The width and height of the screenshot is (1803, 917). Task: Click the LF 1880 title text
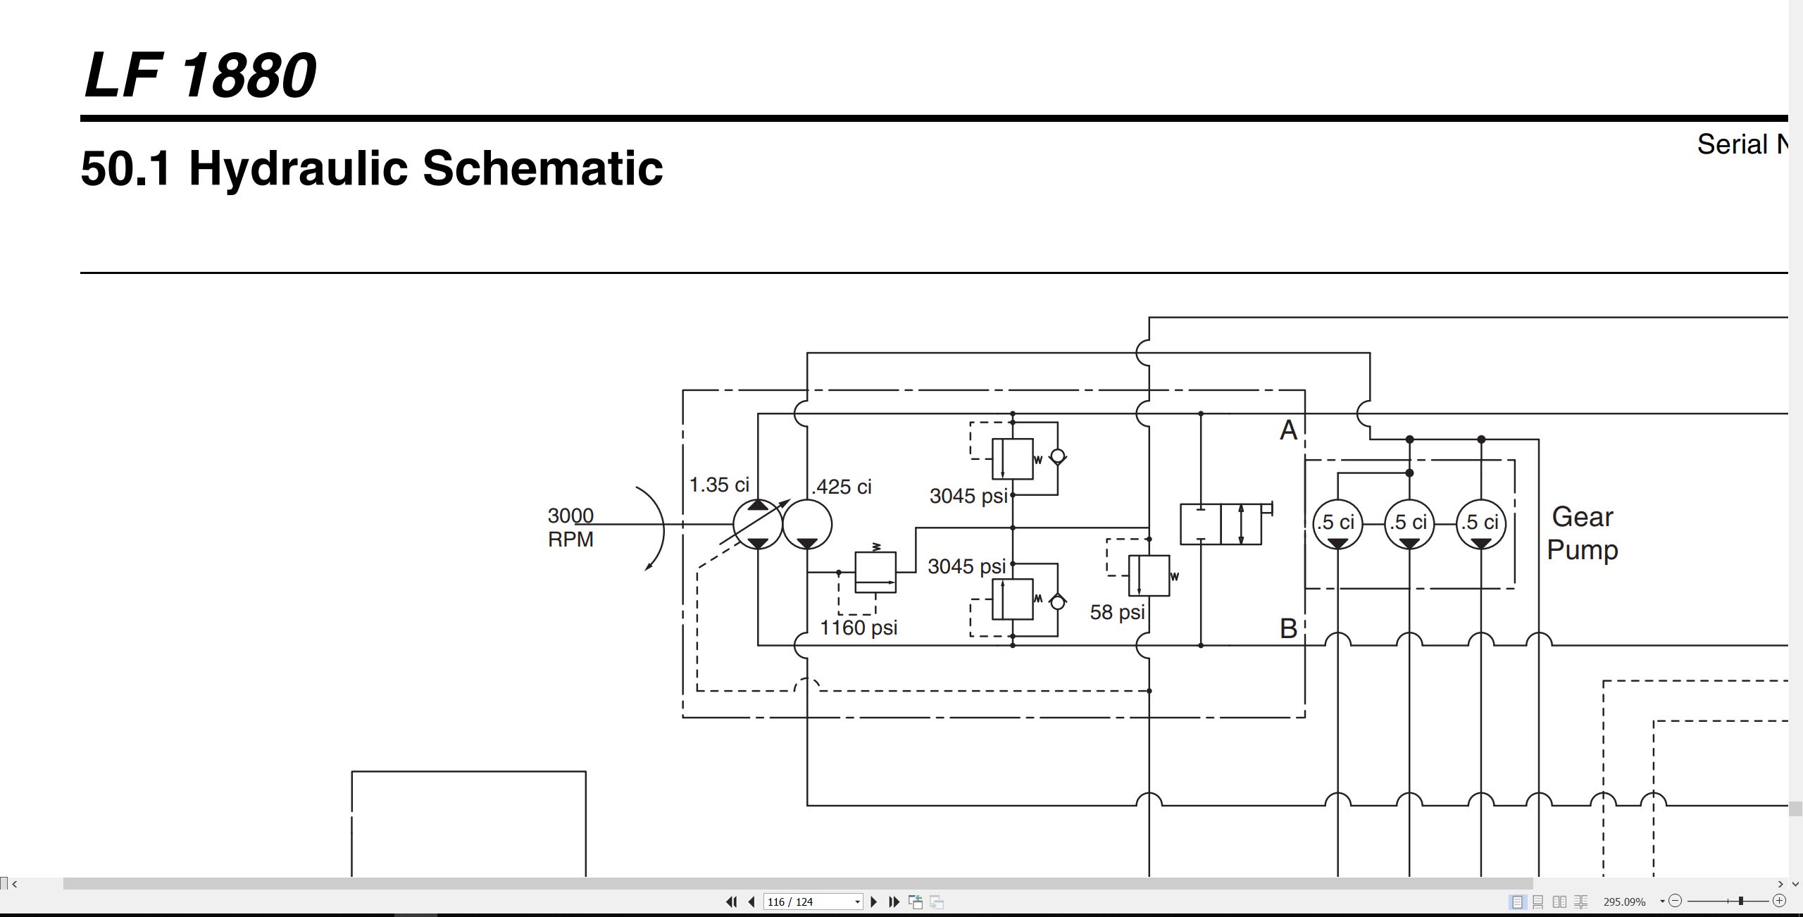point(200,75)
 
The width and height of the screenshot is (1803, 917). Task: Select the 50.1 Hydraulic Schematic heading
point(372,168)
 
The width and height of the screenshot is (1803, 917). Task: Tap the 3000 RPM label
point(570,528)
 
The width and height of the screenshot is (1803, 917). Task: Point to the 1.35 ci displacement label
point(719,485)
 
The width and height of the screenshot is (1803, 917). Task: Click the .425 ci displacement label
point(842,487)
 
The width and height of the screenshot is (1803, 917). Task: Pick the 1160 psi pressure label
point(859,628)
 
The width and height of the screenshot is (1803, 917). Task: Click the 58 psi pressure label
point(1118,612)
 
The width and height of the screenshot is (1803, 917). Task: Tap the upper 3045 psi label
point(968,496)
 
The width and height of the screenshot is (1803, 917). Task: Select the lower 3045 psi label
point(967,566)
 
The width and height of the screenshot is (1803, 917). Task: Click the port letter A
point(1288,430)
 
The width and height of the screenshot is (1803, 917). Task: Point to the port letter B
point(1288,628)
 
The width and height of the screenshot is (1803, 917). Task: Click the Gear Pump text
point(1583,533)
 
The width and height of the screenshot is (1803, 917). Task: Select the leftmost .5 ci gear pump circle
point(1337,524)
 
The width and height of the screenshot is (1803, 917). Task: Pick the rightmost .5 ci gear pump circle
point(1481,524)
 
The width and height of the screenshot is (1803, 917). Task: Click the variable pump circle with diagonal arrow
point(758,524)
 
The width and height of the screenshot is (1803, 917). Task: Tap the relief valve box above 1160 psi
point(875,572)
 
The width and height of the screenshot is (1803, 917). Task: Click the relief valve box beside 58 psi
point(1149,575)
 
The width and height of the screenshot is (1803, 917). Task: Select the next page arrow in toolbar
point(874,902)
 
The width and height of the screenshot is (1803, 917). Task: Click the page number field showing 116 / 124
point(813,902)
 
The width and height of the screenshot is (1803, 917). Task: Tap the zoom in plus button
point(1779,901)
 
